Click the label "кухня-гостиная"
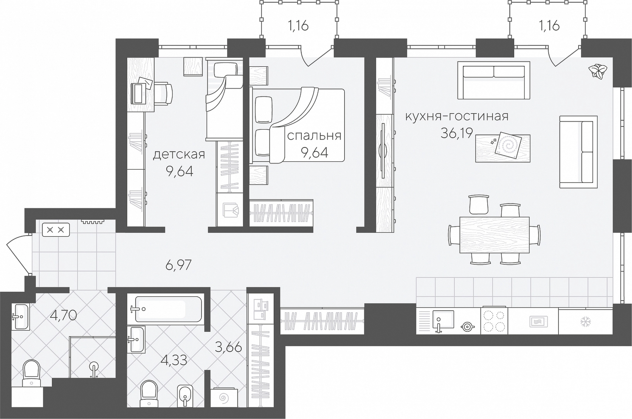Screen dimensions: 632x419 coord(457,116)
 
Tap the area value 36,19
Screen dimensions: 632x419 coord(456,133)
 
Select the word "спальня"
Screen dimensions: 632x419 coord(314,136)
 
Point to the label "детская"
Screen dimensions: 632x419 coord(179,155)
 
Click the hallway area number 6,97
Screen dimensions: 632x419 coord(179,265)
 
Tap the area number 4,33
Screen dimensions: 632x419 coord(174,360)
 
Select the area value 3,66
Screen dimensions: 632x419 coord(228,347)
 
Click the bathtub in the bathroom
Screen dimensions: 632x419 coord(169,309)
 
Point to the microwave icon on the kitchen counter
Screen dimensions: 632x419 coord(539,322)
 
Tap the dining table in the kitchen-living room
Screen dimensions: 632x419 coord(494,235)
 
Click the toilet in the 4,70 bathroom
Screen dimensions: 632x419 coord(31,373)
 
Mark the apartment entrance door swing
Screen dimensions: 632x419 coord(18,254)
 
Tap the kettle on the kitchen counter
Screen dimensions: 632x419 coord(468,327)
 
